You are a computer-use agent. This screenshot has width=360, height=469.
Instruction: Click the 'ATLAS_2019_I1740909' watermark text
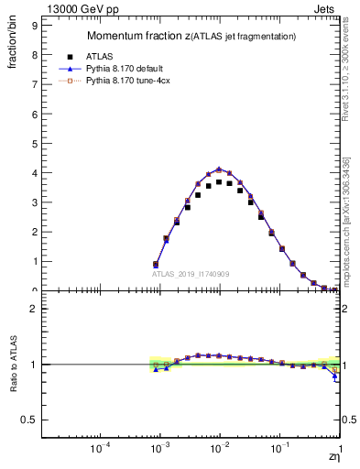coord(192,274)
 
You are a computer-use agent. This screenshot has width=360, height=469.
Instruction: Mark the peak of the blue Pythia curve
coord(219,169)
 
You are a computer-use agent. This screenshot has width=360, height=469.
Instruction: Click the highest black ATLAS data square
coord(219,181)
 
